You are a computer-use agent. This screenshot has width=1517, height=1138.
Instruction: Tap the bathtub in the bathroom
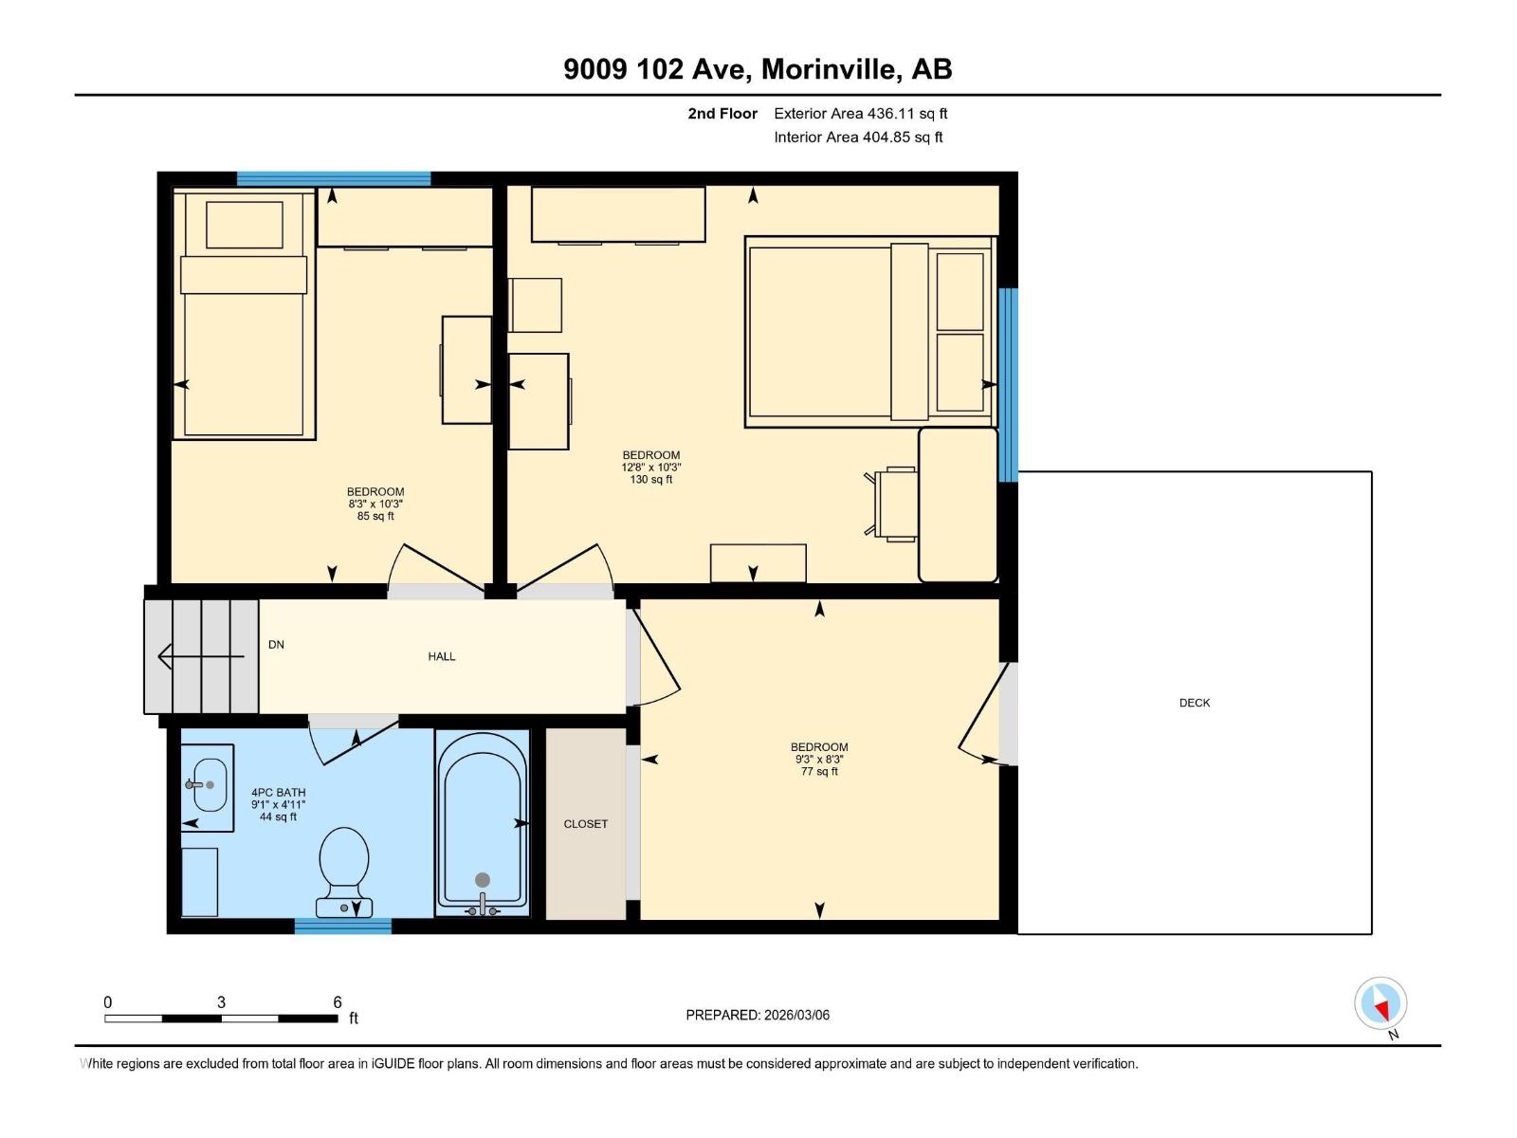tap(482, 821)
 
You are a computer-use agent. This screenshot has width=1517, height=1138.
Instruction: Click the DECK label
tap(1195, 703)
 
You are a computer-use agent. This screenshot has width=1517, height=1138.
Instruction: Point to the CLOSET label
tap(585, 824)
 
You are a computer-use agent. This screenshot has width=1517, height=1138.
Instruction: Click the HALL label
tap(441, 656)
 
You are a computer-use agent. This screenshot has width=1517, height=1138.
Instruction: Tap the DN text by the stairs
tap(276, 645)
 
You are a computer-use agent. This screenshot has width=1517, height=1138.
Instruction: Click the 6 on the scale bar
tap(337, 1002)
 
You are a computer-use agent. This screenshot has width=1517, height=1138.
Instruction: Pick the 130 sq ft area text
tap(650, 480)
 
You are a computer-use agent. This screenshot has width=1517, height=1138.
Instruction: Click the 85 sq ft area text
tap(375, 517)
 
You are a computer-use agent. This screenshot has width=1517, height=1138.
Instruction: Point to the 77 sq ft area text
tap(819, 772)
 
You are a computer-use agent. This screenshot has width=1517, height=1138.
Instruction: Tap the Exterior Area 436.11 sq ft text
tap(860, 114)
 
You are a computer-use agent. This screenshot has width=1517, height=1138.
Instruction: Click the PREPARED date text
tap(758, 1015)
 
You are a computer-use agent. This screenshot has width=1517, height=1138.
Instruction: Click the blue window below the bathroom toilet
tap(342, 927)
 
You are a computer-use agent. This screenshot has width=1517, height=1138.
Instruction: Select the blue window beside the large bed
tap(1008, 384)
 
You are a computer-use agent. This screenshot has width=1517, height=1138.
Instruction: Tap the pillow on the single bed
tap(244, 225)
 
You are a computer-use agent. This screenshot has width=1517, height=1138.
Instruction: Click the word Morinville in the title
tap(830, 69)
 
